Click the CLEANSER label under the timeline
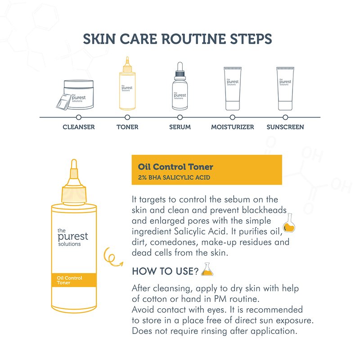coord(78,127)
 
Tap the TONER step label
coord(127,127)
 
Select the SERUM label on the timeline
coord(180,127)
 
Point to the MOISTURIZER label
coord(232,127)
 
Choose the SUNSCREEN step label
coord(285,127)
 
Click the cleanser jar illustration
coord(76,94)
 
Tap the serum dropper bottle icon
coord(180,86)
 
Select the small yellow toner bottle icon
coord(127,83)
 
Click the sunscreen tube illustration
coord(285,89)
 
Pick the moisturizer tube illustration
coord(233,89)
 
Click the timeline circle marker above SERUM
coord(180,117)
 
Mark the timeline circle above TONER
coord(127,117)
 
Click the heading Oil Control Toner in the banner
coord(175,166)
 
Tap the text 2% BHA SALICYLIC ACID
coord(174,177)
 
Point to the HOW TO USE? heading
coord(165,271)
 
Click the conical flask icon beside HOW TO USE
coord(207,269)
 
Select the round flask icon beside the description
coord(289,223)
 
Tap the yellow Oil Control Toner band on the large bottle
coord(74,280)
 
